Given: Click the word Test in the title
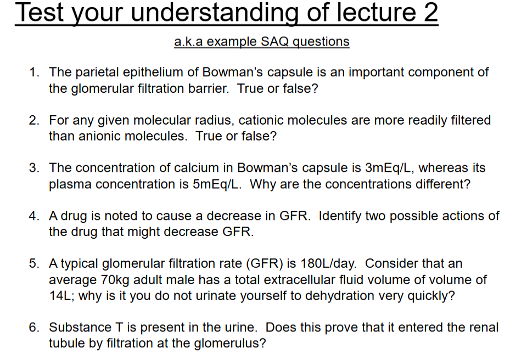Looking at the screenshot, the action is coord(39,13).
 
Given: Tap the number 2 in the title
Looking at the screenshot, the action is coord(430,13).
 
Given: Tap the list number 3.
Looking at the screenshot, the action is coord(34,168).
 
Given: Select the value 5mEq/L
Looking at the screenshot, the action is coord(217,184).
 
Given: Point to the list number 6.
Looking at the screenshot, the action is coord(34,327).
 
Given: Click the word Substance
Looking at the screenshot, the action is coord(80,327).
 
